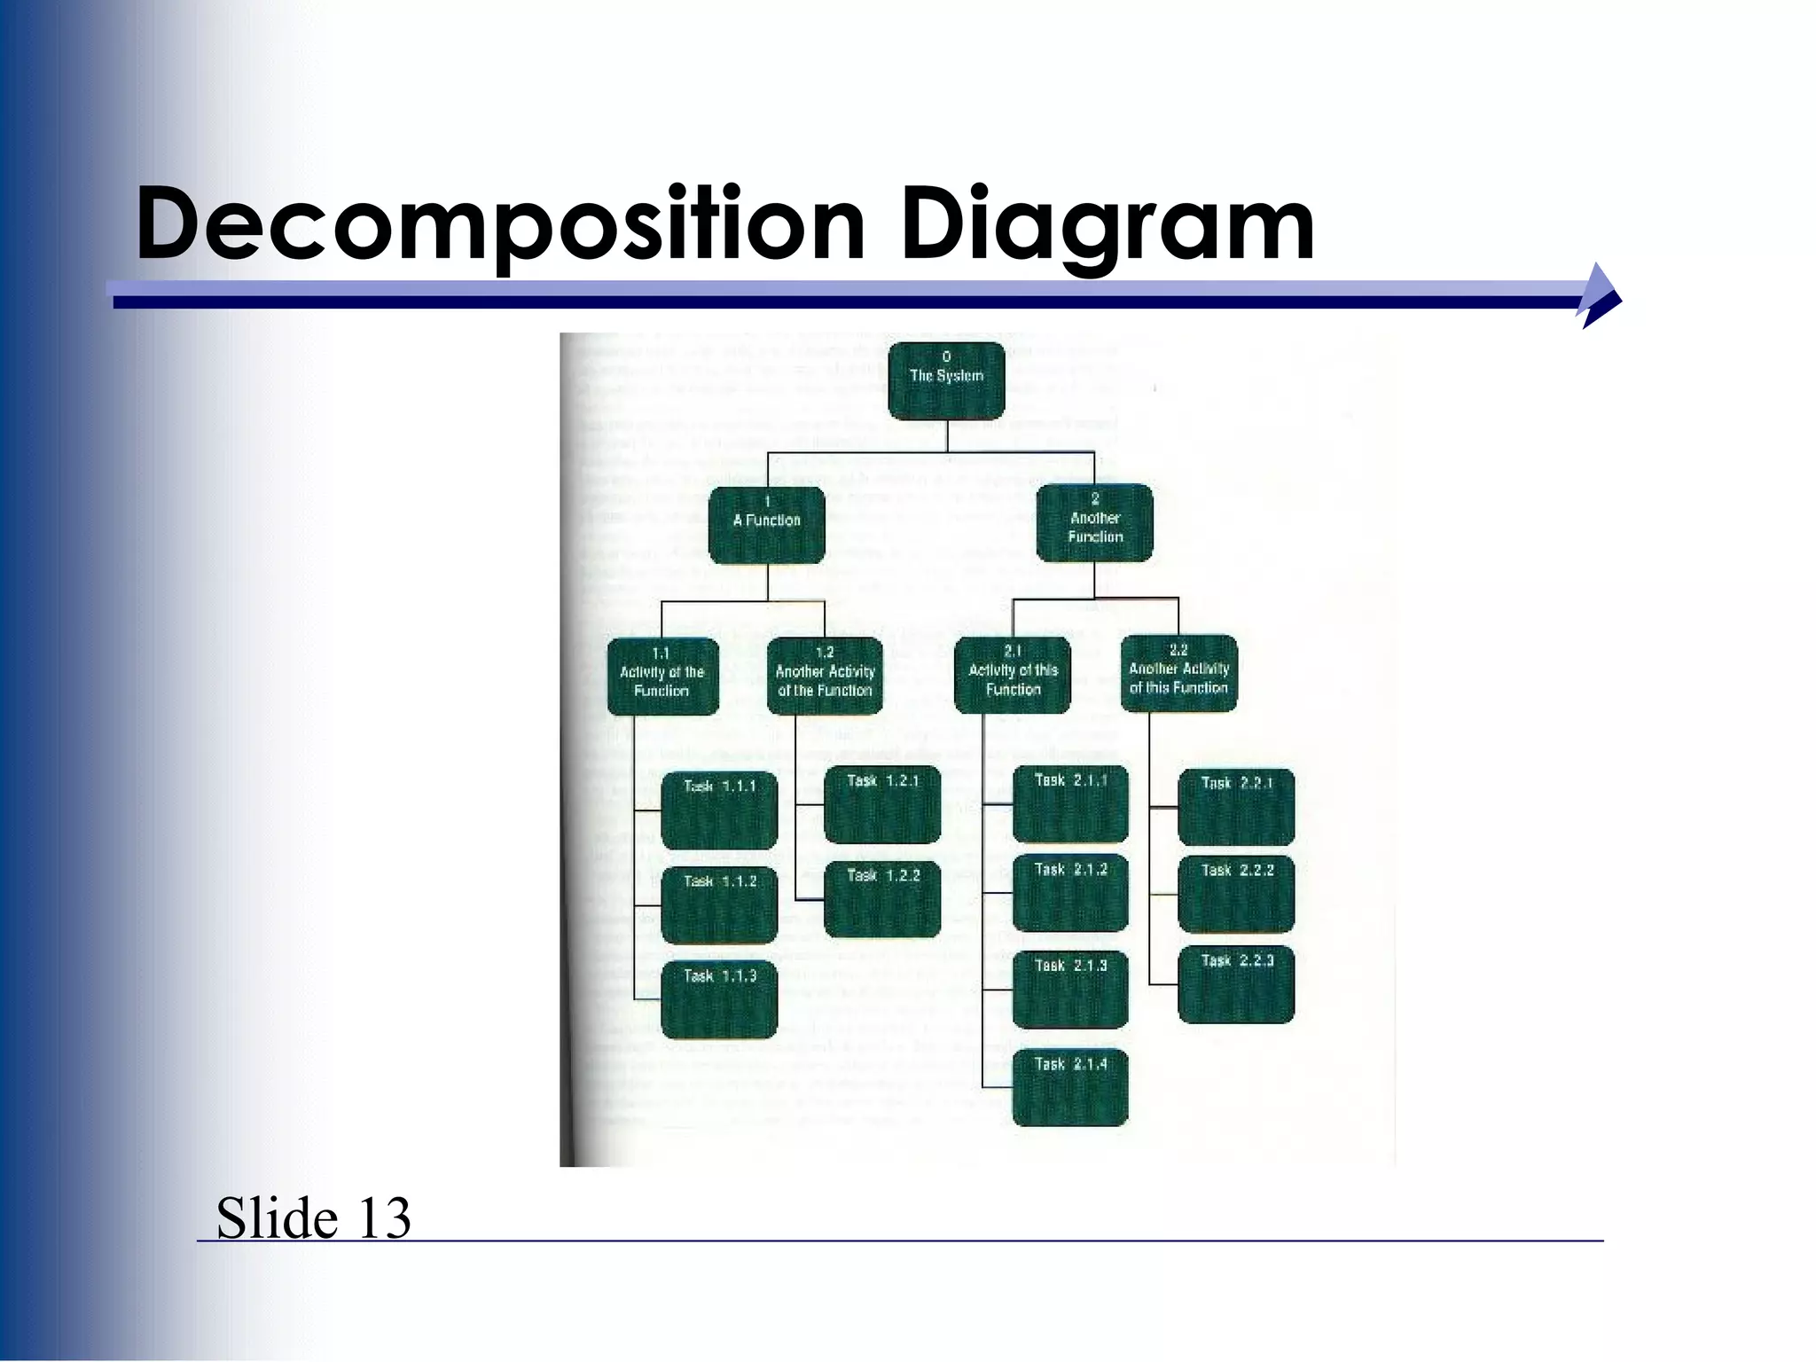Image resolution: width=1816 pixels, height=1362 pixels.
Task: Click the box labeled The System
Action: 946,380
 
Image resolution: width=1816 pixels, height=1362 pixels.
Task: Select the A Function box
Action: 767,524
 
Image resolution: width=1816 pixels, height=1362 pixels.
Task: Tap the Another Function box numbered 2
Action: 1095,523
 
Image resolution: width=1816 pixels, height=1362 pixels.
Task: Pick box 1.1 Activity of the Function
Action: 662,677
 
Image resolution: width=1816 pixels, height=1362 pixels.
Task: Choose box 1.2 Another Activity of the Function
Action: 825,676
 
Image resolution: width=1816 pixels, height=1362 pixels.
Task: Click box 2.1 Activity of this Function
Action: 1013,674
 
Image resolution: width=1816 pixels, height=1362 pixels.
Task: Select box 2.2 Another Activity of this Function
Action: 1178,673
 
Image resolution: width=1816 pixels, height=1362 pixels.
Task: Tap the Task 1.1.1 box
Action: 719,810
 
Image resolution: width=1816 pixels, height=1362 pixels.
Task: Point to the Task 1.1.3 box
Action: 719,999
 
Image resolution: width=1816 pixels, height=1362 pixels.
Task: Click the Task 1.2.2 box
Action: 882,899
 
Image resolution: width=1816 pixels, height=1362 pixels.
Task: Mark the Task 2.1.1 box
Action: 1070,804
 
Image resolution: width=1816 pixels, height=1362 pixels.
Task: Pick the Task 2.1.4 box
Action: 1070,1087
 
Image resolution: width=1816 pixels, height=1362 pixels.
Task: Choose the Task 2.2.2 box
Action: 1236,894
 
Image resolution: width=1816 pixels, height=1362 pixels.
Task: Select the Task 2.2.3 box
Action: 1236,984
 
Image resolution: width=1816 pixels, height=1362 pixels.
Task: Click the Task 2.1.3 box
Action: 1070,990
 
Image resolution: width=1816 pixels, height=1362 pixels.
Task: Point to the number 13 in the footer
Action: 384,1217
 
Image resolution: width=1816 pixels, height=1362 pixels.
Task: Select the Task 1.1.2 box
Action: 719,904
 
